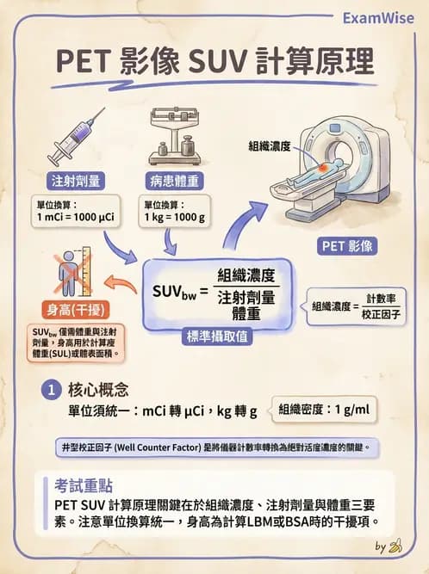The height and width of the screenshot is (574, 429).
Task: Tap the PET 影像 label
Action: pyautogui.click(x=348, y=246)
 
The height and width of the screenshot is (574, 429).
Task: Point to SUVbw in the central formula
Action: pyautogui.click(x=175, y=292)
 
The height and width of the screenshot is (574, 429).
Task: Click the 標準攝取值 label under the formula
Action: pyautogui.click(x=219, y=337)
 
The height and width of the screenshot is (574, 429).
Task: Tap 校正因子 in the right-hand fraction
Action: pyautogui.click(x=383, y=314)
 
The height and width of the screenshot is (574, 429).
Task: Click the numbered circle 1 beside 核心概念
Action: pyautogui.click(x=52, y=390)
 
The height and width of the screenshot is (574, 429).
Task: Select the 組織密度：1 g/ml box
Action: pyautogui.click(x=323, y=409)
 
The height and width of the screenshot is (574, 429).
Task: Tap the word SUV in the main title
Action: pyautogui.click(x=221, y=62)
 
